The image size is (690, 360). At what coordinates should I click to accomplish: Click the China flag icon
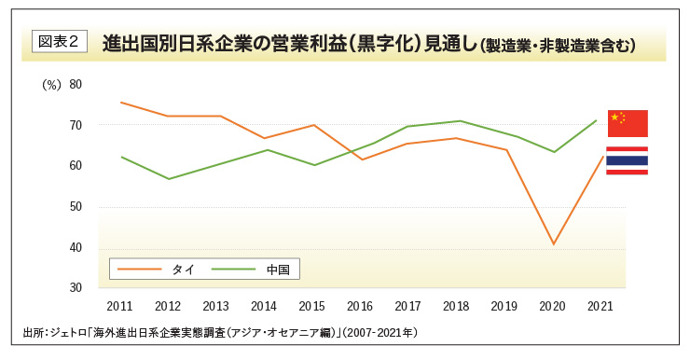[x=627, y=123]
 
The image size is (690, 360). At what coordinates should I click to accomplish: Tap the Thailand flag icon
[x=627, y=160]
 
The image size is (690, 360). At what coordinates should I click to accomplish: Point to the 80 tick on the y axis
[x=76, y=84]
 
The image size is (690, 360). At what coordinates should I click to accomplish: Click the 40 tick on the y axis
[x=76, y=247]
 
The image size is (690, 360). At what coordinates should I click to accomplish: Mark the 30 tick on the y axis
[x=76, y=287]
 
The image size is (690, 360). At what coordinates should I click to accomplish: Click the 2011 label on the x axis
[x=119, y=306]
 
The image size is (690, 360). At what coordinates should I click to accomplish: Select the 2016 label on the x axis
[x=360, y=306]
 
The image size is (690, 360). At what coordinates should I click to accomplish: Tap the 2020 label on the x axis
[x=553, y=306]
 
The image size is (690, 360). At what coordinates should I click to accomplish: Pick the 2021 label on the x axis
[x=600, y=306]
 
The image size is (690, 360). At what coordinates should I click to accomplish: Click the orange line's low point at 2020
[x=553, y=244]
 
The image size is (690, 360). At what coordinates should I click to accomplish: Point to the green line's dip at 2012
[x=168, y=178]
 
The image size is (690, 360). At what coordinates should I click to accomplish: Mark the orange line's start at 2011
[x=120, y=102]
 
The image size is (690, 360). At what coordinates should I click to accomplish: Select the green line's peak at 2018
[x=457, y=120]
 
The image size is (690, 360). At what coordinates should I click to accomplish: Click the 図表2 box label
[x=59, y=41]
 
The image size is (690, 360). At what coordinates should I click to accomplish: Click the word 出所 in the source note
[x=34, y=332]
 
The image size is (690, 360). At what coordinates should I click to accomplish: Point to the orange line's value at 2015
[x=312, y=125]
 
